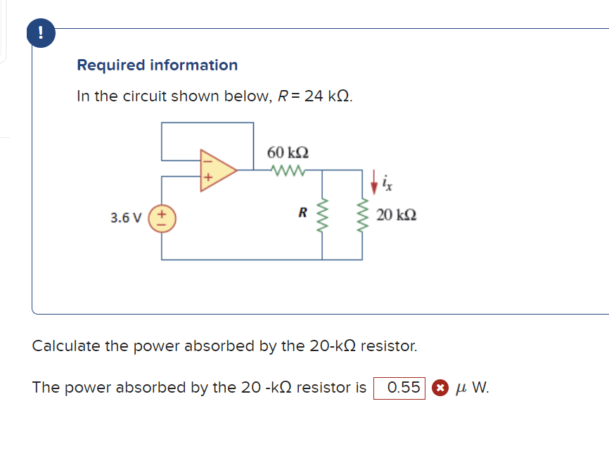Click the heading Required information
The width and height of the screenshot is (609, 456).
(157, 65)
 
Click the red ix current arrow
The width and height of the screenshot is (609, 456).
(373, 184)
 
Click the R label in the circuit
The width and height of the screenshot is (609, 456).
(302, 211)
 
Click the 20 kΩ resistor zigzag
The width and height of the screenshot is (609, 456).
(363, 215)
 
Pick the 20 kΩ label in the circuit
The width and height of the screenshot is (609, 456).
(396, 215)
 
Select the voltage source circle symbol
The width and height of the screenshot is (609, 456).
(162, 217)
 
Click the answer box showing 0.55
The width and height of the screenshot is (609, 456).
(399, 388)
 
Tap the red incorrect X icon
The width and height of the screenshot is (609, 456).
(439, 388)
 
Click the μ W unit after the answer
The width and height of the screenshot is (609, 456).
(472, 388)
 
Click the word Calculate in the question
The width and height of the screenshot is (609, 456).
(66, 346)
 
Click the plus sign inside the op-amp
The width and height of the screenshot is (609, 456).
(207, 178)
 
